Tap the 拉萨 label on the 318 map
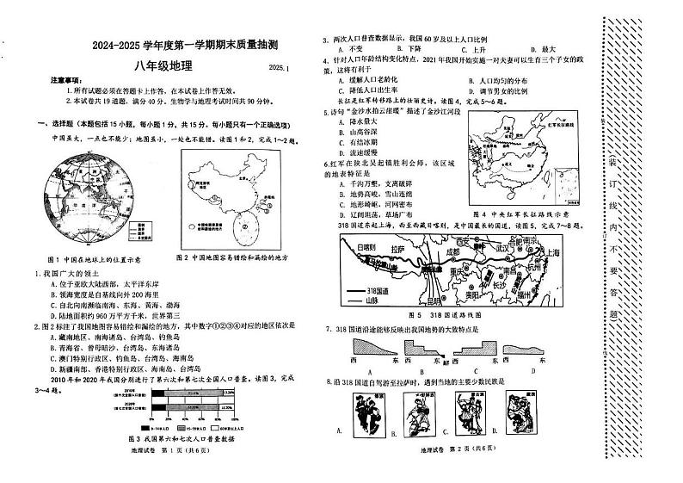tap(395, 249)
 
